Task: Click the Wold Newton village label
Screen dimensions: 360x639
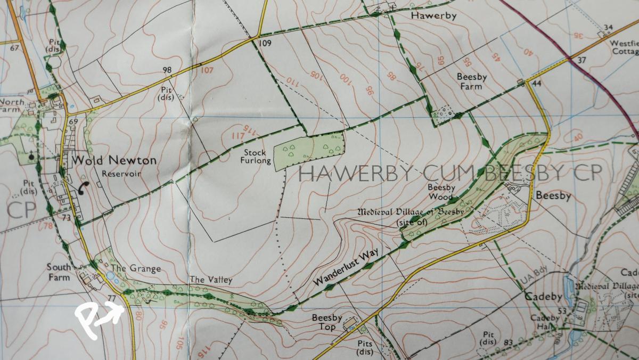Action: coord(114,160)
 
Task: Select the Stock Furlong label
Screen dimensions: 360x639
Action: coord(255,157)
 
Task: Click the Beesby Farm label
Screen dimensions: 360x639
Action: coord(472,81)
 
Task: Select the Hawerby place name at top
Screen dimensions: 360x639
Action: coord(434,16)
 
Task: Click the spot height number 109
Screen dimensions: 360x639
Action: coord(265,43)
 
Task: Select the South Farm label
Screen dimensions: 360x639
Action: coord(58,272)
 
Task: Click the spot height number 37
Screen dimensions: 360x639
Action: coord(581,60)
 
